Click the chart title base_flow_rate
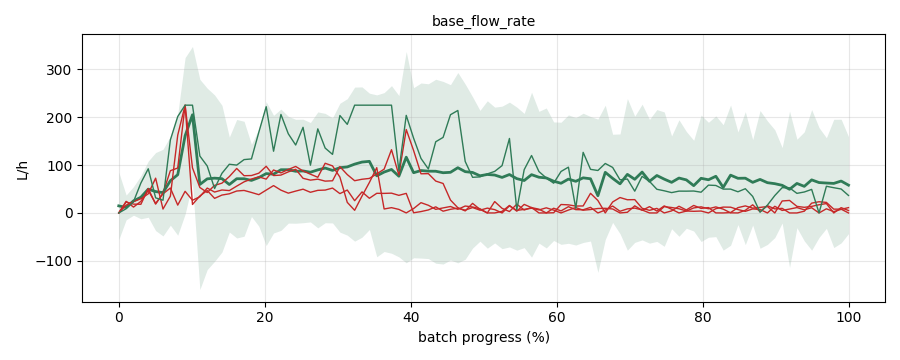click(x=483, y=22)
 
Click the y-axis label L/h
click(x=22, y=171)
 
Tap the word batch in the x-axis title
click(x=434, y=337)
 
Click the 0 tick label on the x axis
click(x=119, y=316)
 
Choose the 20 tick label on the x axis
click(x=265, y=316)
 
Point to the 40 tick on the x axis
click(x=411, y=316)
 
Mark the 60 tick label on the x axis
click(x=557, y=316)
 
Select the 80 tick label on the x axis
click(x=703, y=316)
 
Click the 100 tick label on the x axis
click(x=849, y=316)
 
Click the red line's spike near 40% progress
click(x=406, y=130)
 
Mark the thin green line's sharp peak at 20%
click(x=266, y=107)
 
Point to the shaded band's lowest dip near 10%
click(x=200, y=289)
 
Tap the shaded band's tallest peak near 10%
click(x=193, y=48)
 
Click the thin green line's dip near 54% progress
click(x=517, y=208)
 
